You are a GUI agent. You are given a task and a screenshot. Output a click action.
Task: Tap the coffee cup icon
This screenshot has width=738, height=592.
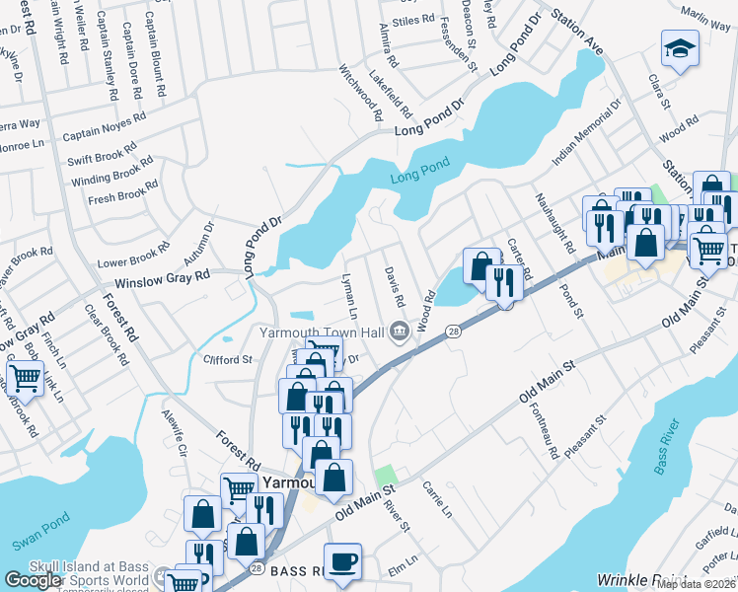342,561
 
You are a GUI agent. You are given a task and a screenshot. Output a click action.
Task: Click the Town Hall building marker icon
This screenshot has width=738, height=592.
400,333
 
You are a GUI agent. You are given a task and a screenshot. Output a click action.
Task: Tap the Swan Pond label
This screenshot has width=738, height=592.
37,544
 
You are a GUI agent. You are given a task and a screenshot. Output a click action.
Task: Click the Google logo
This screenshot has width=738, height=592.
34,580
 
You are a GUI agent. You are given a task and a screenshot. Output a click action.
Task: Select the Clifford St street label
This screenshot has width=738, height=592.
228,360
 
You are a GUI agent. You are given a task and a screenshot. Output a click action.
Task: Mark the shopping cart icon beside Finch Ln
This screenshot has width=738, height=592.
25,377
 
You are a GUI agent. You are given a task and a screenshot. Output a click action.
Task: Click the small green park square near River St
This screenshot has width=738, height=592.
385,475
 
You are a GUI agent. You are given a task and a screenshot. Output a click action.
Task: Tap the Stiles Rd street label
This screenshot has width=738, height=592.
412,19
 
